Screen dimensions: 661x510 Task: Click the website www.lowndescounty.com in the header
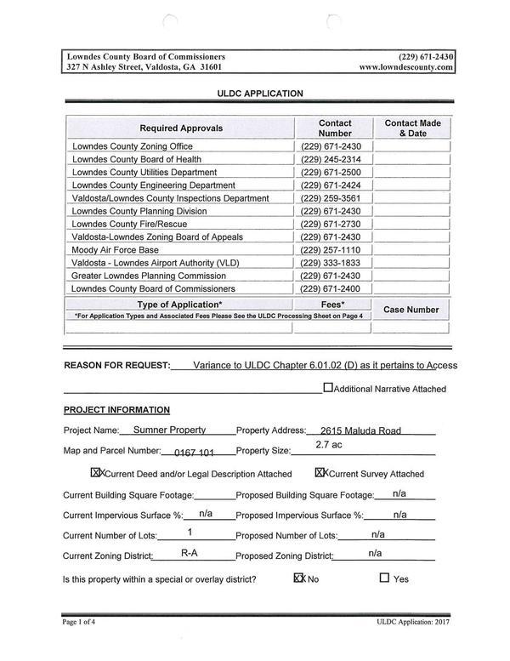(x=405, y=66)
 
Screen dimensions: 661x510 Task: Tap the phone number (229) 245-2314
(x=331, y=159)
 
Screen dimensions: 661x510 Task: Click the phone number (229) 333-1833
(x=331, y=263)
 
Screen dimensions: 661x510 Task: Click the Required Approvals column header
(x=181, y=128)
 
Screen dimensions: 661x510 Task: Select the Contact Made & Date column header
(x=412, y=128)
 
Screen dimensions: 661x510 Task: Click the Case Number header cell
(x=411, y=310)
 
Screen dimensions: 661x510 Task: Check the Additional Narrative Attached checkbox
(x=328, y=388)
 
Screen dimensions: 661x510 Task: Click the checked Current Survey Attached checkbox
(x=320, y=473)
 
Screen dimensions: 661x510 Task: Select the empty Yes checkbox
(x=384, y=578)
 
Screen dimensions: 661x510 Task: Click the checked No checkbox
(x=298, y=578)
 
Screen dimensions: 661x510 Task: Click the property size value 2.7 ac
(x=329, y=444)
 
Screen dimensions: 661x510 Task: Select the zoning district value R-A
(x=190, y=553)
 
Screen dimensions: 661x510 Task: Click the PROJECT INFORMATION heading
(x=116, y=409)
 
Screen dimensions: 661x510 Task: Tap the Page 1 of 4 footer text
(x=86, y=623)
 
